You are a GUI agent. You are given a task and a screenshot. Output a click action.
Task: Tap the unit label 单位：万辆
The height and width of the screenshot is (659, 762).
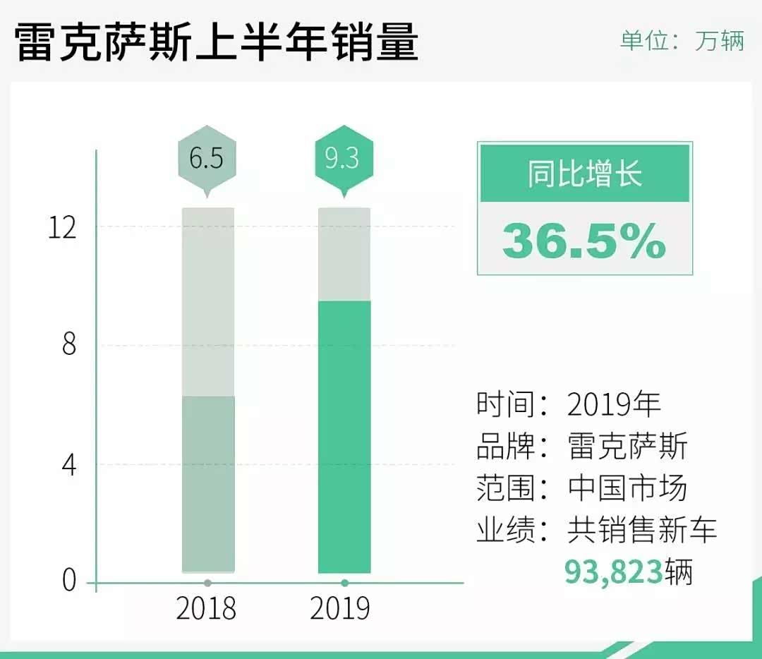(x=682, y=40)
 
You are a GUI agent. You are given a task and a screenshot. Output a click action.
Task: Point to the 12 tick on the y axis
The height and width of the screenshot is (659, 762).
(x=62, y=228)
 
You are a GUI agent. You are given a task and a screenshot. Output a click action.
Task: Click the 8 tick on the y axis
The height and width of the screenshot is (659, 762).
(x=68, y=346)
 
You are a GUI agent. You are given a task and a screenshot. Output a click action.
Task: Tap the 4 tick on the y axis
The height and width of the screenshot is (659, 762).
(x=68, y=465)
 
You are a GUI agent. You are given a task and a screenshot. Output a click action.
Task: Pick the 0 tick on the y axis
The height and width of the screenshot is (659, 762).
(x=68, y=581)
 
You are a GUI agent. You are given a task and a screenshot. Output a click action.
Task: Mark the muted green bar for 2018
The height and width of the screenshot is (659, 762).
(x=208, y=483)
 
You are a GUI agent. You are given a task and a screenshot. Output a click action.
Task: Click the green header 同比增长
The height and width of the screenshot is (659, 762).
(x=585, y=173)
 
